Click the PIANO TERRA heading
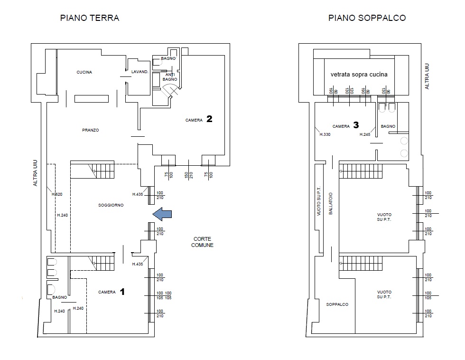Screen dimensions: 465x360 90,18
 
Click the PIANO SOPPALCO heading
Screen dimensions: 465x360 367,18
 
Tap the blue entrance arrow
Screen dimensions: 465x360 162,214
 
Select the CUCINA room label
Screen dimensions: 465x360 84,72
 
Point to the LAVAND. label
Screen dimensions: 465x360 139,72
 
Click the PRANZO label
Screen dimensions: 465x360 91,130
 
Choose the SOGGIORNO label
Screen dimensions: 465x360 111,205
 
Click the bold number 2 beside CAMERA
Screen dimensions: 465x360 209,119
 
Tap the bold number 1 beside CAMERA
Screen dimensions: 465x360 122,292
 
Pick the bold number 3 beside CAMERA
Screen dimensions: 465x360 356,125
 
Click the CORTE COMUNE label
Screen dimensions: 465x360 202,242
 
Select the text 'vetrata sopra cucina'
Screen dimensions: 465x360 359,75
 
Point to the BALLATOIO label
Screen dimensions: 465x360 331,204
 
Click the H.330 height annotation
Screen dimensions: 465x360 325,134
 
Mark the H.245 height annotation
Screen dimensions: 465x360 365,134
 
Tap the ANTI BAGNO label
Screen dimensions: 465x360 170,77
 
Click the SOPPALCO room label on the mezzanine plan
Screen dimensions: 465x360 337,304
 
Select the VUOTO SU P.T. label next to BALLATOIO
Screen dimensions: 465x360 319,201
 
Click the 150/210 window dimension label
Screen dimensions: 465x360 189,175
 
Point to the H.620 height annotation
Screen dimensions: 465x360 57,194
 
